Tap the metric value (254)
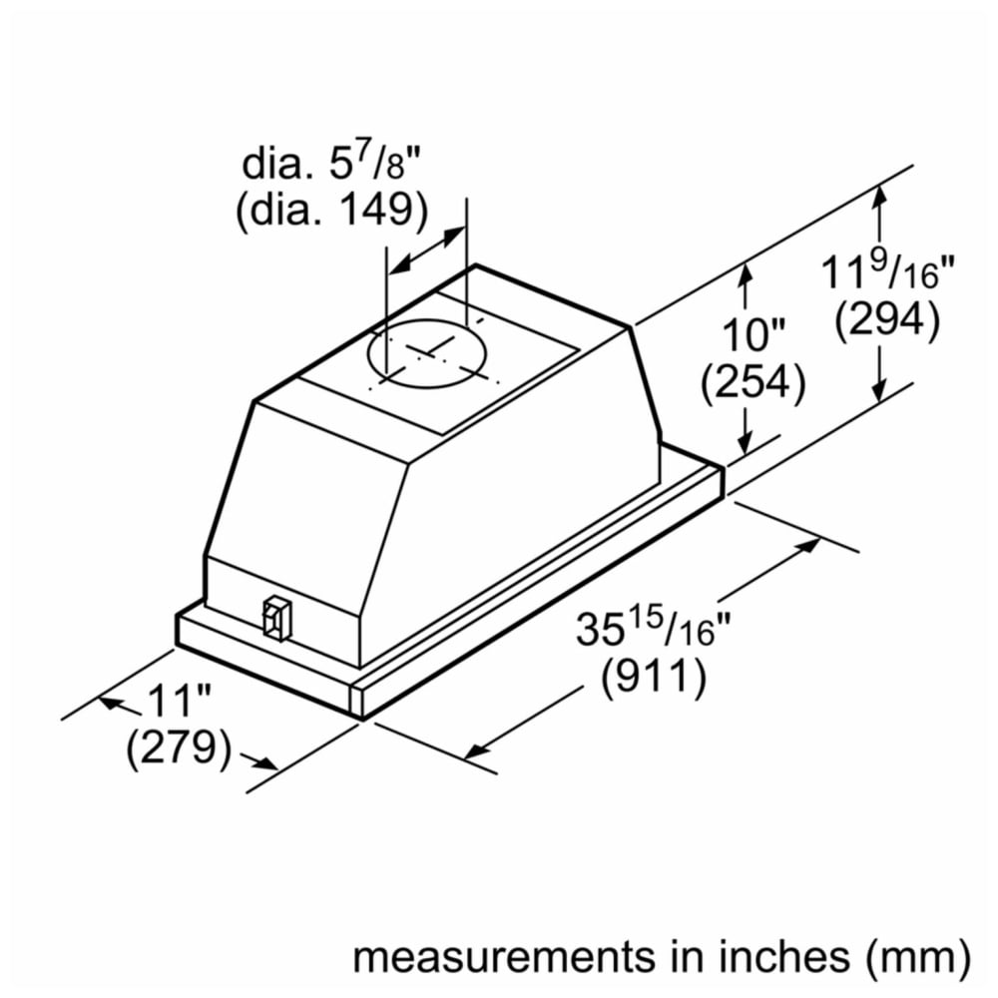click(752, 383)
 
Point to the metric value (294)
click(887, 319)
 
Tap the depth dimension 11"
click(179, 701)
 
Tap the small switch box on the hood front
click(277, 616)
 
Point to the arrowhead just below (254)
click(745, 440)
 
